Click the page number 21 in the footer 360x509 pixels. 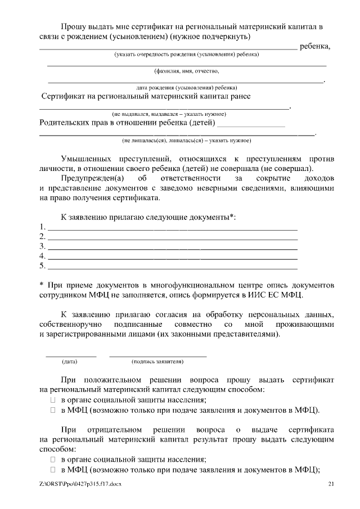[331, 484]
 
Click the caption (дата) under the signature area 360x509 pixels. [70, 362]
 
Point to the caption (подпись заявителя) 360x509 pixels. [157, 362]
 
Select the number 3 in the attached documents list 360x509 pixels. [42, 246]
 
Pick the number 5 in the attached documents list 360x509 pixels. [42, 265]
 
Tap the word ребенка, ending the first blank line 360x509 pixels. [315, 46]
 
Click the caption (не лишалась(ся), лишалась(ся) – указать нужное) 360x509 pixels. [186, 140]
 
